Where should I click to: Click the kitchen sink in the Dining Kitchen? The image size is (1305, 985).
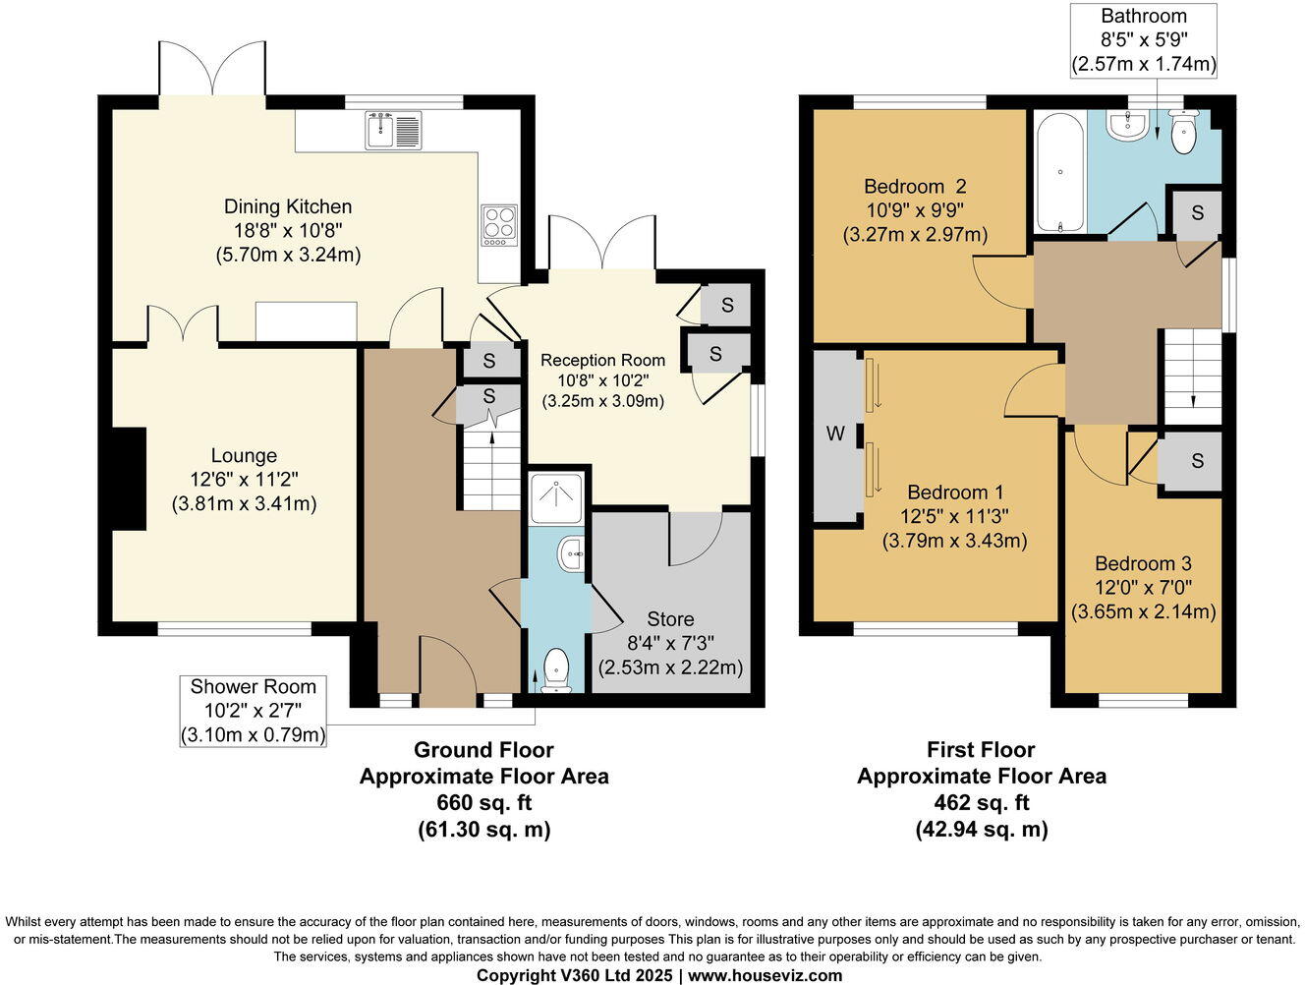point(394,130)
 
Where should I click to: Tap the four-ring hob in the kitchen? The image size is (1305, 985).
point(498,224)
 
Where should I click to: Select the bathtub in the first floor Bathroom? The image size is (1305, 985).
point(1060,171)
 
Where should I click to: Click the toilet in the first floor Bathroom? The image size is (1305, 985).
point(1183,133)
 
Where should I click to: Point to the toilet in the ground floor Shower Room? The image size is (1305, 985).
point(555,668)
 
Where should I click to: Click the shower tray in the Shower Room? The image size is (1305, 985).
point(555,499)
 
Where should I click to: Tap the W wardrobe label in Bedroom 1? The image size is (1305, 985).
point(835,434)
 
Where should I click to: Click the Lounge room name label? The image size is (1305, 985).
point(244,455)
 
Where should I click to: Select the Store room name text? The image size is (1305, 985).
point(670,619)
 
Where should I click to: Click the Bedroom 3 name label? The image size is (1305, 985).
point(1143,563)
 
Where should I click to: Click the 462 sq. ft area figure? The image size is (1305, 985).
point(981,802)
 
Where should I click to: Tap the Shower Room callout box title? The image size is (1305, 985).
point(253,687)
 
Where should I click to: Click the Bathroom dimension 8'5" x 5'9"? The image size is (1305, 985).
point(1143,40)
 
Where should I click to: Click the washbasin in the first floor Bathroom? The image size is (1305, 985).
point(1127,126)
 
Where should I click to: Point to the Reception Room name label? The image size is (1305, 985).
point(602,360)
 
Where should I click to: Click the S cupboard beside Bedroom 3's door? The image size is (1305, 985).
point(1196,460)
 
